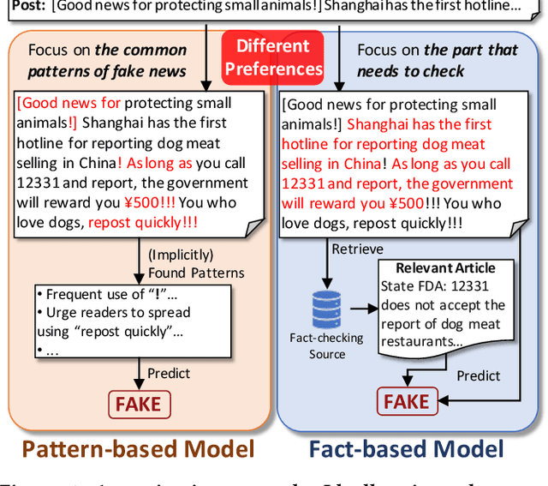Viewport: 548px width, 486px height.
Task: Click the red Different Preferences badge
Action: (273, 57)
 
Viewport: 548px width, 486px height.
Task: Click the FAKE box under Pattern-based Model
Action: (140, 404)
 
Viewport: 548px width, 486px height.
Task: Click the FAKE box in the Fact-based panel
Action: (406, 400)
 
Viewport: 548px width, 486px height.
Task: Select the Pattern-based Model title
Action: (138, 448)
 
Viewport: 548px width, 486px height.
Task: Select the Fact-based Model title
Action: (406, 448)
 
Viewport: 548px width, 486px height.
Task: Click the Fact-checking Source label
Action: (327, 345)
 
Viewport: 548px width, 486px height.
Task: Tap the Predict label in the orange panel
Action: (169, 373)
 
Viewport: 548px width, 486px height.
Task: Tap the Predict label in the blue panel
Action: (478, 375)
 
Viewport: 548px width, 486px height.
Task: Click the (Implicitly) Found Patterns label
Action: (196, 264)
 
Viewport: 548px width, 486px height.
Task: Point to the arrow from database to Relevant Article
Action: (364, 306)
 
